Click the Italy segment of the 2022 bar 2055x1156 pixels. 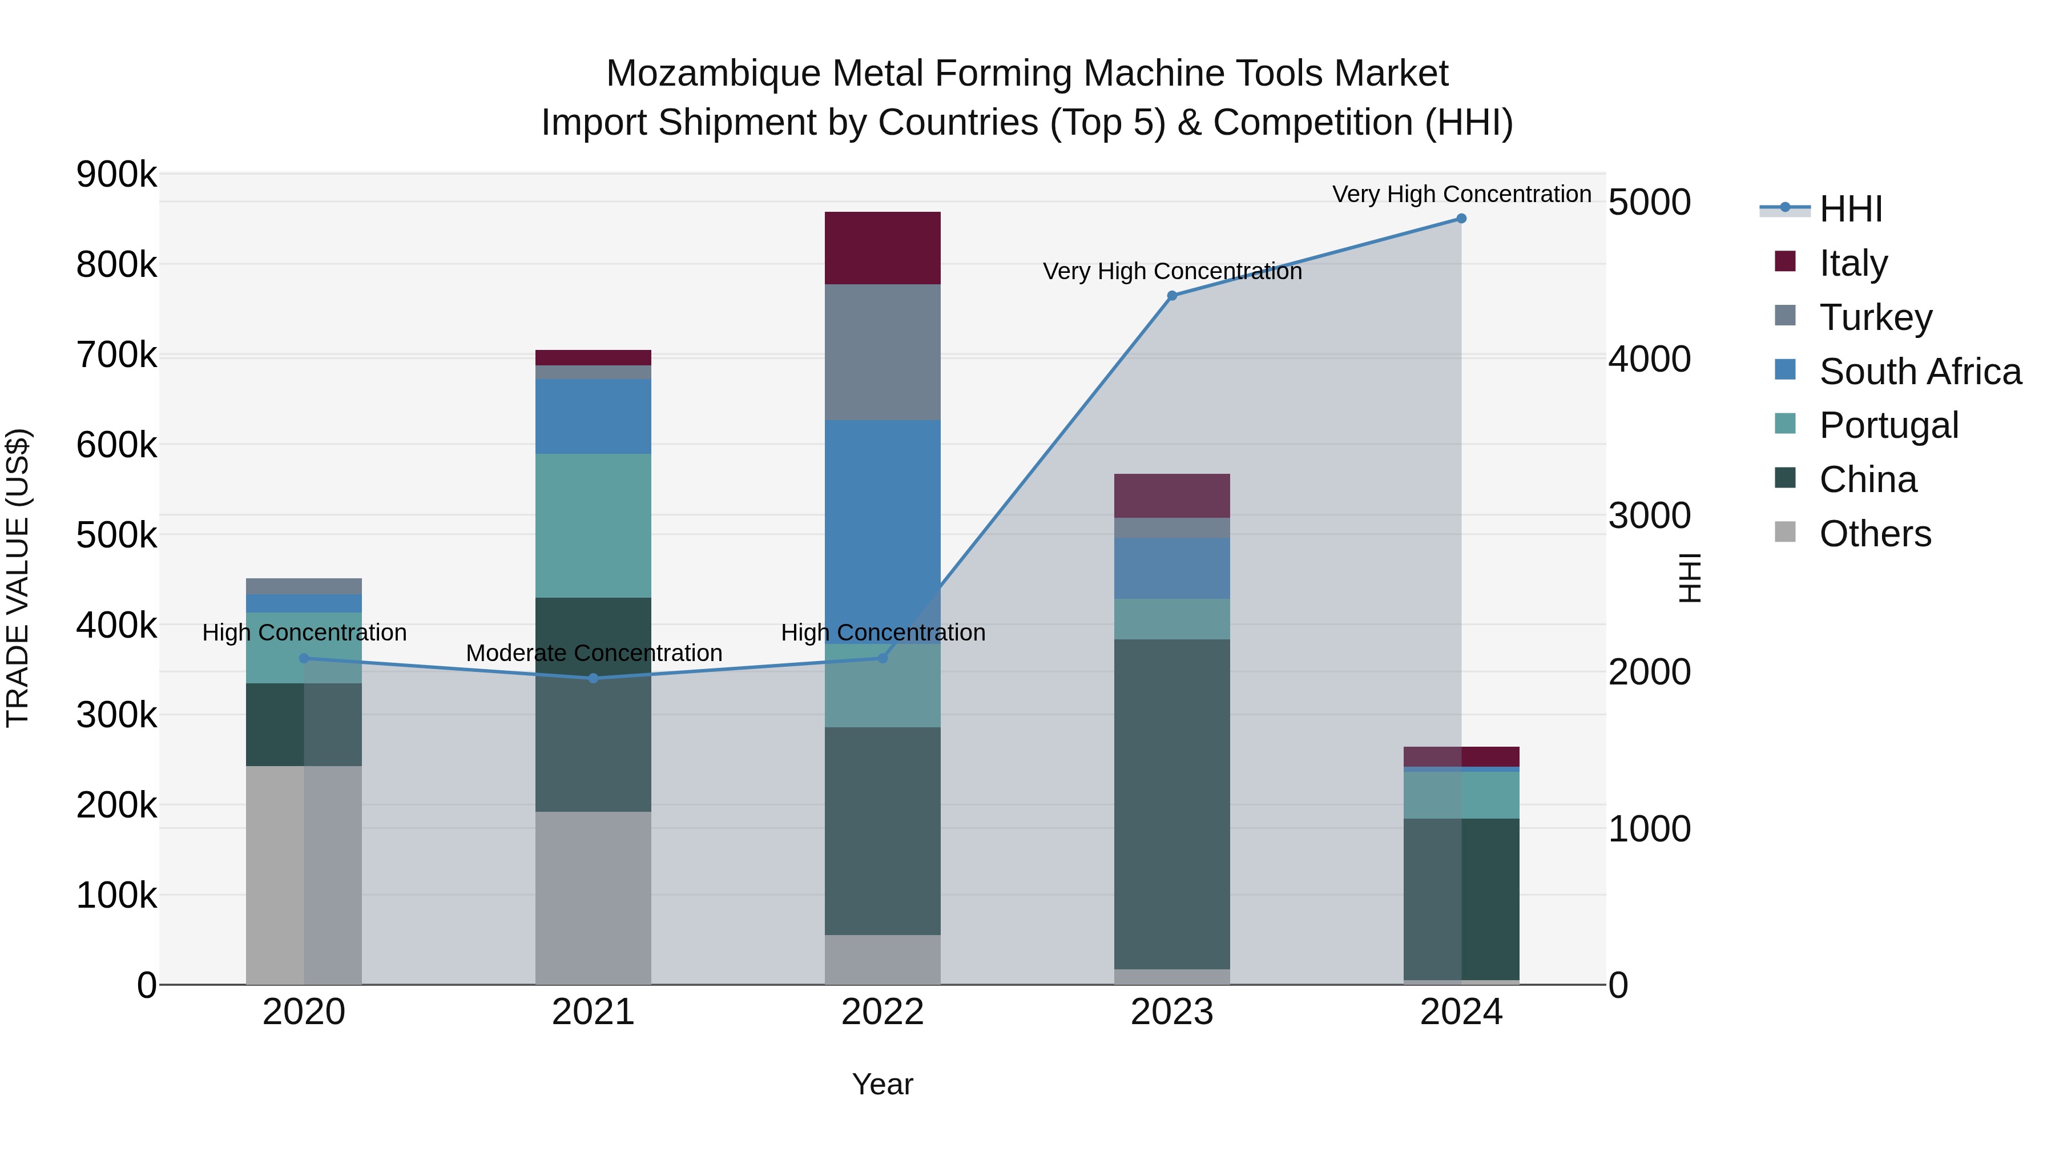tap(883, 248)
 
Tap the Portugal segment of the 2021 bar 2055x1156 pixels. tap(593, 526)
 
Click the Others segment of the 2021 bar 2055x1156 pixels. tap(593, 897)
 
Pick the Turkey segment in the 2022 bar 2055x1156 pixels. tap(883, 352)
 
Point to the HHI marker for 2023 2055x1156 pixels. tap(1172, 296)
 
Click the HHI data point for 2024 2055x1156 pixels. tap(1461, 219)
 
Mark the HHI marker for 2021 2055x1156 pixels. tap(593, 678)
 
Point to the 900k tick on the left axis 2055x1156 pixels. tap(116, 175)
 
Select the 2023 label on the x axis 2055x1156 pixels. tap(1172, 1012)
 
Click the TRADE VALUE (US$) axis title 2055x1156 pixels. tap(18, 578)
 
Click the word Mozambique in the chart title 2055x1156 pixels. tap(712, 74)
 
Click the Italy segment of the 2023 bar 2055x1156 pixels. tap(1172, 496)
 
